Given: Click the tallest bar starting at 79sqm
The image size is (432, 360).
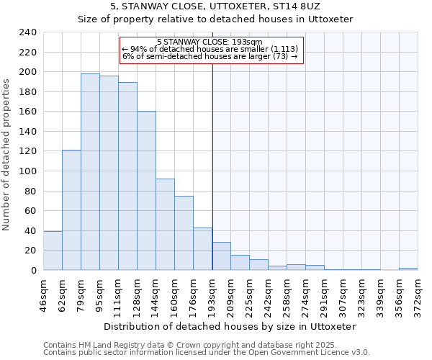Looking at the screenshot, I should [90, 171].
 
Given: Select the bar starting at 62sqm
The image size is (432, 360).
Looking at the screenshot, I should [71, 210].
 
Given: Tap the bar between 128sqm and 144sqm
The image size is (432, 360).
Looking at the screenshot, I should [146, 191].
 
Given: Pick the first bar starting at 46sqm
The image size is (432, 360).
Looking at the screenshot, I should [53, 251].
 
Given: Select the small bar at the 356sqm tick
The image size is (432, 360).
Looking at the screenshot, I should [408, 269].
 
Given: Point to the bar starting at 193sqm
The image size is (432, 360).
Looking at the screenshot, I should [221, 256].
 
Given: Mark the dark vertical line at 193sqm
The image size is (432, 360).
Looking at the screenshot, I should [212, 166].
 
